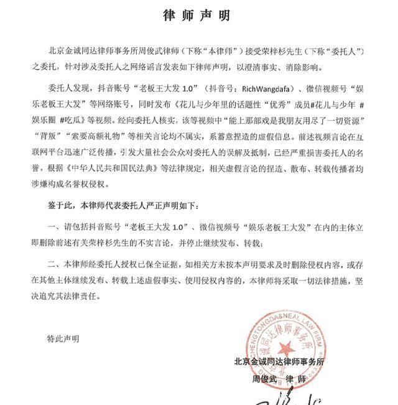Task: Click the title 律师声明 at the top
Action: tap(199, 14)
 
